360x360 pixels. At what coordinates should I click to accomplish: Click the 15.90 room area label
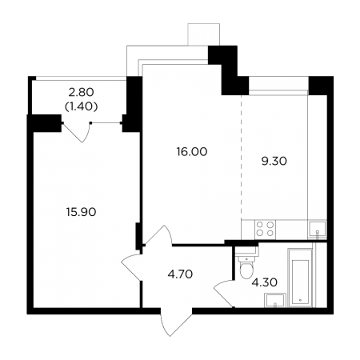pos(81,212)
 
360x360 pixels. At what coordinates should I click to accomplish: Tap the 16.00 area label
pos(192,152)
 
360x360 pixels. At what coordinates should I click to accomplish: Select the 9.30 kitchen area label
pos(274,161)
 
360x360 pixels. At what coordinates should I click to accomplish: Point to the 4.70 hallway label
pos(180,274)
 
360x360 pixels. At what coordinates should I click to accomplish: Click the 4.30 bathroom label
pos(265,282)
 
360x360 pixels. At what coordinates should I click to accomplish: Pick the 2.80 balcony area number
pos(81,93)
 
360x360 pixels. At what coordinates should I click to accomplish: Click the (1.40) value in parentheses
pos(81,106)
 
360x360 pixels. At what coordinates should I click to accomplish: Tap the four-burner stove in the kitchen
pos(265,229)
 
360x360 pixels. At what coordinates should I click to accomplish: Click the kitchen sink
pos(317,229)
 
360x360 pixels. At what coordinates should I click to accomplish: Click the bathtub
pos(300,278)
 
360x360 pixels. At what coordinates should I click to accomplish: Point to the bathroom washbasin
pos(275,300)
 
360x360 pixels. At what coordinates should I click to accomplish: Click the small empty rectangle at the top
pos(204,34)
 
